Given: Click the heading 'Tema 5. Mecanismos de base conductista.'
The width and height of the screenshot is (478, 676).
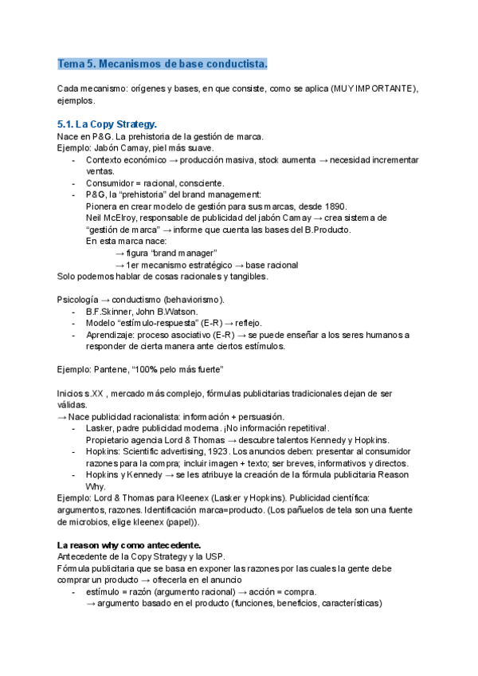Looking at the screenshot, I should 163,63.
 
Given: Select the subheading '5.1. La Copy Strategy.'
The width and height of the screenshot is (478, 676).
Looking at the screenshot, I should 107,124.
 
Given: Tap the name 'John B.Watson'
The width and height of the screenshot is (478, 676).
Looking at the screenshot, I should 172,311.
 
